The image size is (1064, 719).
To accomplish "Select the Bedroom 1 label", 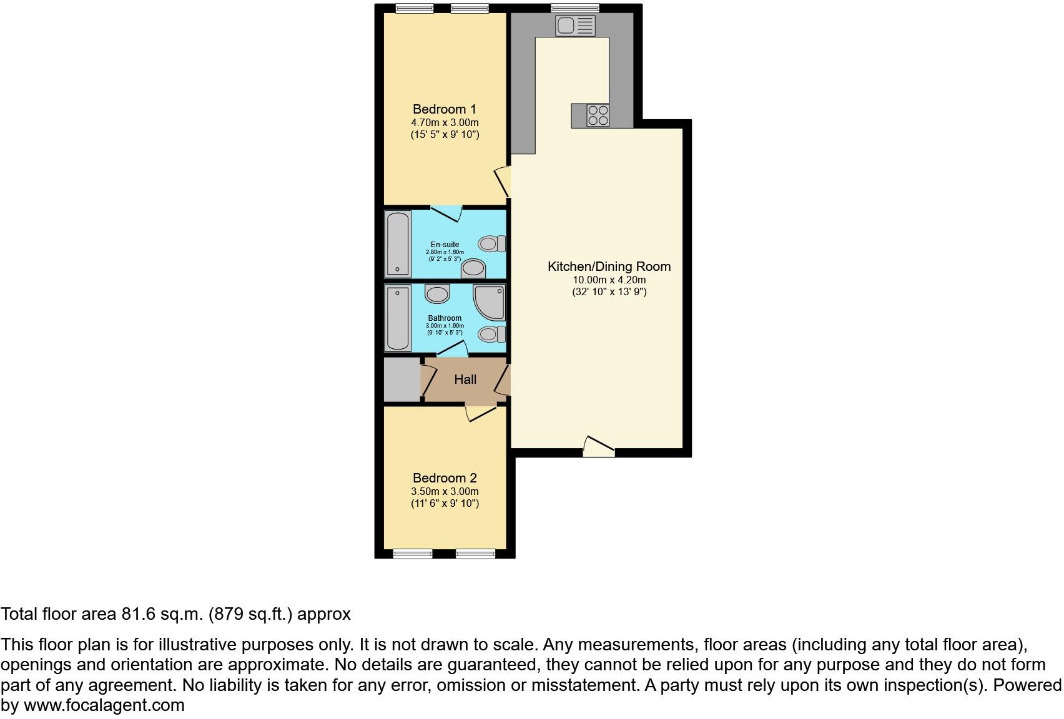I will point(445,109).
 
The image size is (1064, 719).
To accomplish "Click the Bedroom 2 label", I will point(445,478).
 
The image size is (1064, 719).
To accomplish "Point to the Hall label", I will point(465,379).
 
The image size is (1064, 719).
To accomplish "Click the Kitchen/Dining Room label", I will point(609,267).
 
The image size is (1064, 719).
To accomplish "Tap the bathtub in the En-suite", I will point(398,244).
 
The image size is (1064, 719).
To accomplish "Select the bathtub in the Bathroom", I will point(398,318).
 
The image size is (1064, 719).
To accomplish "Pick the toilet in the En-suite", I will point(491,243).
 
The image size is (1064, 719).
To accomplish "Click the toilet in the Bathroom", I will point(492,334).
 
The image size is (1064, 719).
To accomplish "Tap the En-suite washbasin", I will point(473,269).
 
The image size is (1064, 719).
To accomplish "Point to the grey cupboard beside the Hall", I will point(401,379).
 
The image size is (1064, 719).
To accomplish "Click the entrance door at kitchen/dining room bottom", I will point(598,446).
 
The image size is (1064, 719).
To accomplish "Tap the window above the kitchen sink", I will point(575,8).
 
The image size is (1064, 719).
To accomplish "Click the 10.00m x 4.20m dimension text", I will point(609,280).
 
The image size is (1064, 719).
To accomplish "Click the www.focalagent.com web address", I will point(104,705).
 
